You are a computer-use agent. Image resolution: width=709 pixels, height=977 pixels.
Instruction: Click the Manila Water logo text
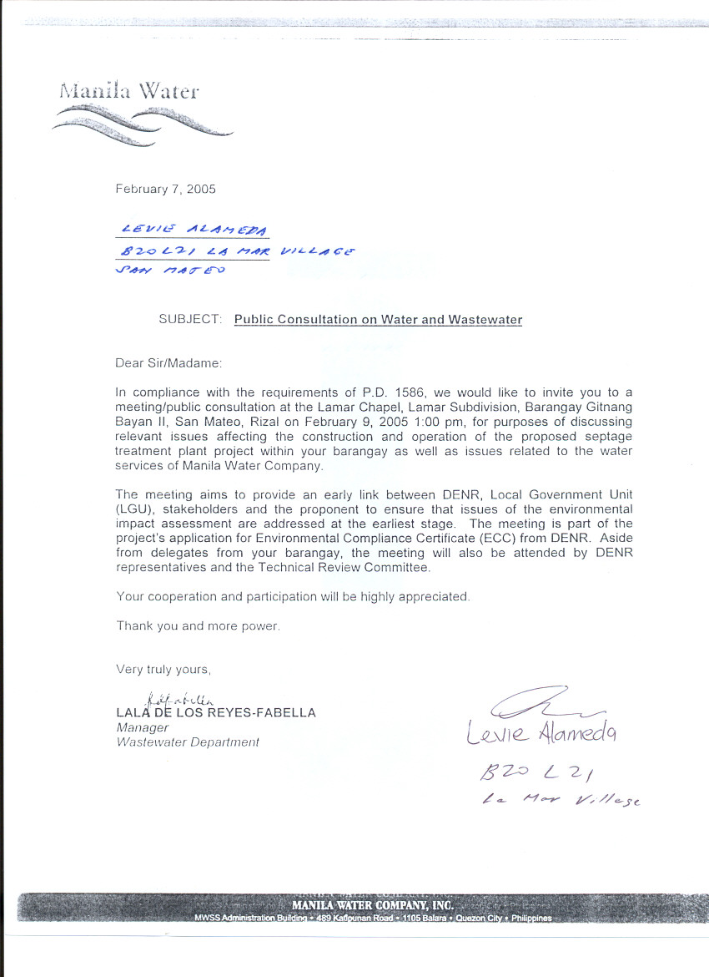tap(129, 90)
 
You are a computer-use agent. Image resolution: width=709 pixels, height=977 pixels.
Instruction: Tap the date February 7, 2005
tap(165, 189)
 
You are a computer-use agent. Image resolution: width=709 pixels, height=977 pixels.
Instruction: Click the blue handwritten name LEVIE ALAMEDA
tap(194, 229)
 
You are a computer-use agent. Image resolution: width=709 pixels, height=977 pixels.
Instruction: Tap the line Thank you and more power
tap(198, 625)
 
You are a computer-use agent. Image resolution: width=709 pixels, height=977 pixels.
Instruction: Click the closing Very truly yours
tap(163, 669)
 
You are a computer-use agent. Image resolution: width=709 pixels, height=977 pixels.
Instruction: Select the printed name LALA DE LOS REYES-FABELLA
tap(216, 712)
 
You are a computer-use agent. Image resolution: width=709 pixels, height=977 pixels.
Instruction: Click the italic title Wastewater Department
tap(188, 742)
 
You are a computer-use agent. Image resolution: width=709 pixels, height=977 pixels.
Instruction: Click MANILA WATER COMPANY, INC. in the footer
tap(372, 905)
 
